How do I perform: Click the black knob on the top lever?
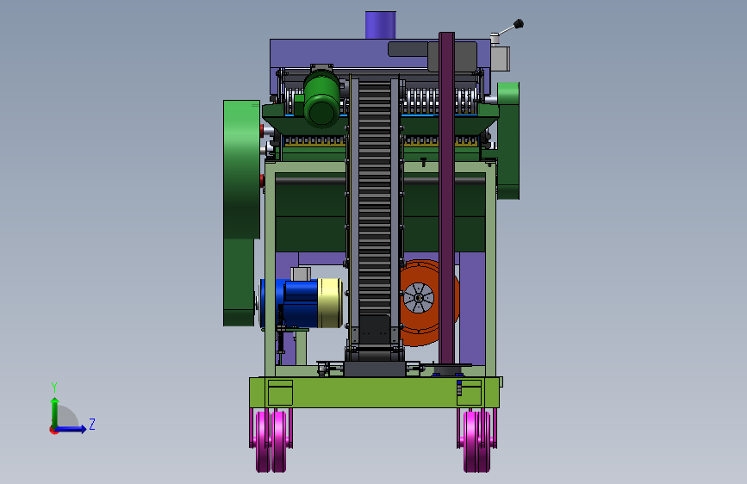(519, 23)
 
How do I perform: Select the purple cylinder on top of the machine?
(380, 25)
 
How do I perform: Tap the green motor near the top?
(321, 99)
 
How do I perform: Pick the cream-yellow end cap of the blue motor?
(330, 303)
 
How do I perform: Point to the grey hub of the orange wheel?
(419, 298)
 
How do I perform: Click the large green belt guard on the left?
(241, 213)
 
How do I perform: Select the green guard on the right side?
(508, 140)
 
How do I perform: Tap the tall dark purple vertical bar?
(447, 198)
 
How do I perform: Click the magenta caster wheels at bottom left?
(271, 440)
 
